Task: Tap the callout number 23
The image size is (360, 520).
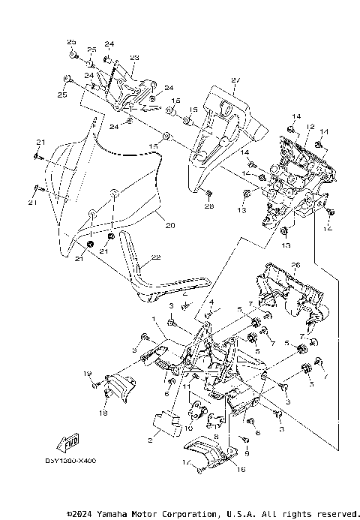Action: (135, 58)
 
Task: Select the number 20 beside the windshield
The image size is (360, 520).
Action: (169, 225)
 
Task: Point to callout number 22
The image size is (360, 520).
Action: (157, 257)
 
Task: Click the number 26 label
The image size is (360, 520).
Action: (295, 264)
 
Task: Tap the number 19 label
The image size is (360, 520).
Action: (86, 374)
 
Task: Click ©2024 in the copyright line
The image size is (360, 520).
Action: (80, 514)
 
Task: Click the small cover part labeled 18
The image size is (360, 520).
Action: (118, 389)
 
